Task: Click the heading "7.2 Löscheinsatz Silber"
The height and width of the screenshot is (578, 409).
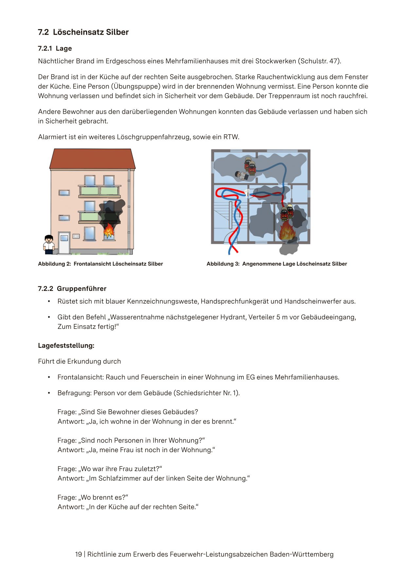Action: tap(83, 32)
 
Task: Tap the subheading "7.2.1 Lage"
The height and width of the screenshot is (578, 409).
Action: tap(55, 48)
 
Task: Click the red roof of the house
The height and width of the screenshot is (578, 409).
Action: tap(92, 159)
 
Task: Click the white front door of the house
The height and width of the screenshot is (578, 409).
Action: tap(64, 242)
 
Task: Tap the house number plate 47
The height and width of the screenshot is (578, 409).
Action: tap(76, 236)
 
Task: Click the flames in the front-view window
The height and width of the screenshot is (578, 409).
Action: tap(108, 231)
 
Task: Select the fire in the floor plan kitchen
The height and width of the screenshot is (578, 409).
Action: tap(287, 231)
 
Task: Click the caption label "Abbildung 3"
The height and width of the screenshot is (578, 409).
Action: tap(223, 264)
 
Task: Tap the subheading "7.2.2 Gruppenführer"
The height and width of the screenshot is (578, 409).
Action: tap(72, 289)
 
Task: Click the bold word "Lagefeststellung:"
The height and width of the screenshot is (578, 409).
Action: tap(66, 346)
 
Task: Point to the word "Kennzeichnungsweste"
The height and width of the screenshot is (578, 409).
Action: tap(163, 301)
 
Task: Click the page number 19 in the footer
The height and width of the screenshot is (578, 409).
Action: tap(79, 554)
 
